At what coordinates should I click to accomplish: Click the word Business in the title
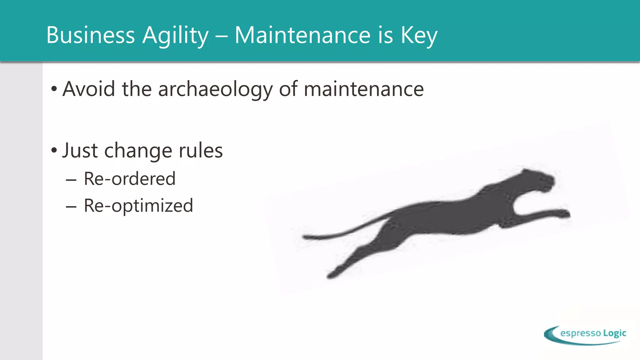(x=91, y=35)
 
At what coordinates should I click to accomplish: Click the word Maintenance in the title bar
(x=302, y=35)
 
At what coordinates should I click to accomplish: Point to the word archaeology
(x=215, y=89)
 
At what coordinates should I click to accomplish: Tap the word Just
(x=80, y=150)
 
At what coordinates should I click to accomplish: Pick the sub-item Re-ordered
(x=129, y=179)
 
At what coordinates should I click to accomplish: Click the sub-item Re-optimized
(x=138, y=206)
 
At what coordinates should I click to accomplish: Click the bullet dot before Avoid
(x=54, y=89)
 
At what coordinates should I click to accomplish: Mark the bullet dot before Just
(x=54, y=151)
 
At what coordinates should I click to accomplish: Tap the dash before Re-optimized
(x=71, y=207)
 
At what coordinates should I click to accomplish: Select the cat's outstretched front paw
(x=564, y=214)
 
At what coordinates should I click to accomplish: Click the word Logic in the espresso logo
(x=614, y=333)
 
